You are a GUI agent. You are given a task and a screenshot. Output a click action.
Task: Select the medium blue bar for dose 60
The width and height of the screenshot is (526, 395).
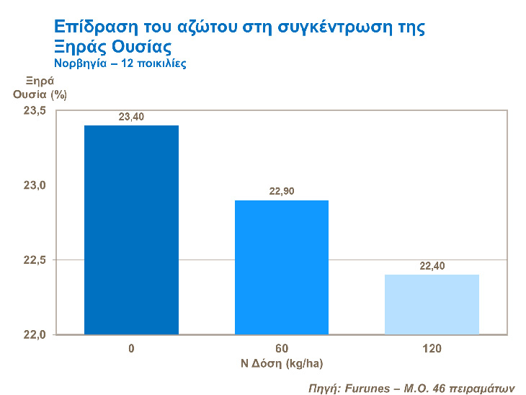point(282,267)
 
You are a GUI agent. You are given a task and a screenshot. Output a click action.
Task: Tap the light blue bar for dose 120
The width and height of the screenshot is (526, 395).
point(432,303)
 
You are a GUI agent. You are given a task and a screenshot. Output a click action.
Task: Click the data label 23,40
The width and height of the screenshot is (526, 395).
point(132,117)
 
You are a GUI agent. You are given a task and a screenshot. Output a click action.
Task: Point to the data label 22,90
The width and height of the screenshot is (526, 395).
point(282,191)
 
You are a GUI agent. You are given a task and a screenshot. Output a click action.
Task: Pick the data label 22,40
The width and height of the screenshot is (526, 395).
point(432,266)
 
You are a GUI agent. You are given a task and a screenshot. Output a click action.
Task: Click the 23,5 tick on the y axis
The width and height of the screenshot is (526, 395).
point(35,110)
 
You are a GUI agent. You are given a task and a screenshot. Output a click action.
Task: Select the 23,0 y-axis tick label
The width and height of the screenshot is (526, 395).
point(35,185)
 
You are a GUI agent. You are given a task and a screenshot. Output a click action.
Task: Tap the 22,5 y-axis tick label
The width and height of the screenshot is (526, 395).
point(35,259)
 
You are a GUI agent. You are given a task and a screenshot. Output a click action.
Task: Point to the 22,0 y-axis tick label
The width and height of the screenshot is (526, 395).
point(35,335)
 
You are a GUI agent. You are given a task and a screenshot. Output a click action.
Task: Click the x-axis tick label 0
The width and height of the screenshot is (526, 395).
point(132,349)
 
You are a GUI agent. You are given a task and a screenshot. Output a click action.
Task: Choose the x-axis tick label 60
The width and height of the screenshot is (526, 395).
point(282,349)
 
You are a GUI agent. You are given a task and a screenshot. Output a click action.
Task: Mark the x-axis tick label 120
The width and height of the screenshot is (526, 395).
point(432,349)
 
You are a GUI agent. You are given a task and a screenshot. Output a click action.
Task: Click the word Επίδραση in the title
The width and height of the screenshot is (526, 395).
point(92,27)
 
